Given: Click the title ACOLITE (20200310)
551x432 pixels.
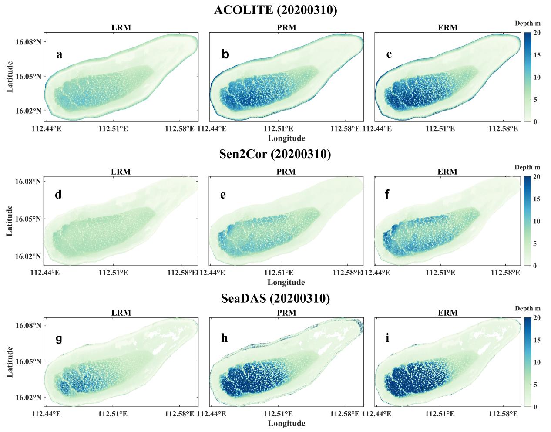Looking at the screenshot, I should pyautogui.click(x=275, y=10).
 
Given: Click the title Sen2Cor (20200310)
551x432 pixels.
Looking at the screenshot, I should pyautogui.click(x=275, y=154).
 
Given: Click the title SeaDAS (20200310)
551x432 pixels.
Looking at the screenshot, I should pyautogui.click(x=275, y=298).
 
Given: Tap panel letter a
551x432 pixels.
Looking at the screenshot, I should pyautogui.click(x=60, y=54).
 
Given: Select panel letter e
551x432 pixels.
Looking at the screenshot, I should pyautogui.click(x=223, y=195).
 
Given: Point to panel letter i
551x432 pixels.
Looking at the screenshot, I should pyautogui.click(x=387, y=338).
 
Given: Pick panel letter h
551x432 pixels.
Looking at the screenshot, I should pyautogui.click(x=224, y=338).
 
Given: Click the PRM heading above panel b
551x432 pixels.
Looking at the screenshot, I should pyautogui.click(x=286, y=28).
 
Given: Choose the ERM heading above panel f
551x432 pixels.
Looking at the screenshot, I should pyautogui.click(x=447, y=172).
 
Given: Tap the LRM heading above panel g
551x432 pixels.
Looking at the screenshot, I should pyautogui.click(x=121, y=313).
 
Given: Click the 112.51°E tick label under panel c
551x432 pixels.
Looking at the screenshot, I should pyautogui.click(x=442, y=129).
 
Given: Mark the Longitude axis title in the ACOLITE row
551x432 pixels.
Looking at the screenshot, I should pyautogui.click(x=286, y=138).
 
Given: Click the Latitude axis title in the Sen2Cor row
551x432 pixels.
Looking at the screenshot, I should pyautogui.click(x=10, y=221).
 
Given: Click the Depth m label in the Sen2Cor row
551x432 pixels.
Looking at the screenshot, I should pyautogui.click(x=527, y=167).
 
